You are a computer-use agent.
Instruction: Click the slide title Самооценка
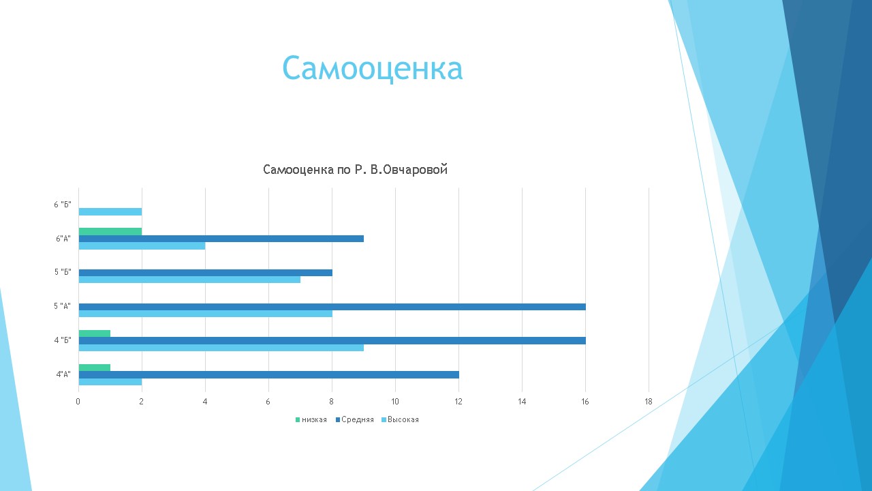click(x=373, y=68)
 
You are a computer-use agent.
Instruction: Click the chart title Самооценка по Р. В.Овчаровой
click(x=355, y=170)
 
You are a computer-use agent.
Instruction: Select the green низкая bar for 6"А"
click(x=110, y=231)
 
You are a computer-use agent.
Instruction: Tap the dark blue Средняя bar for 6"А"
click(x=221, y=239)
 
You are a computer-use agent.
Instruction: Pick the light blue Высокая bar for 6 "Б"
click(x=110, y=211)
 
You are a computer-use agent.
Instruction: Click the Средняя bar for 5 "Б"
click(x=206, y=273)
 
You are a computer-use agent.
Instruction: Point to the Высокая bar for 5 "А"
click(x=206, y=314)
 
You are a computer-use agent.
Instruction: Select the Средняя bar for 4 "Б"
click(x=332, y=340)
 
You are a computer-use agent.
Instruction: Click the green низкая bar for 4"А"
click(x=95, y=368)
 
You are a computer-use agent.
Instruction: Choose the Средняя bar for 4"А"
click(x=268, y=374)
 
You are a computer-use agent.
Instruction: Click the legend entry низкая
click(x=311, y=419)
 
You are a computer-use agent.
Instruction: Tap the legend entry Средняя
click(x=355, y=419)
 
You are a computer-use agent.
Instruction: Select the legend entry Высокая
click(x=400, y=419)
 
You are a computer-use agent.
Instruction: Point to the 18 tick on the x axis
click(x=649, y=402)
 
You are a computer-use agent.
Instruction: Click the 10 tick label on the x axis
click(x=395, y=402)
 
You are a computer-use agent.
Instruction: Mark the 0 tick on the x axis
click(x=78, y=402)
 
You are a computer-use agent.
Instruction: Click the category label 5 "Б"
click(x=63, y=272)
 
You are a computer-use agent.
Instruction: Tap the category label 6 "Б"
click(x=63, y=205)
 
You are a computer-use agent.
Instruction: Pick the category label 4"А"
click(x=63, y=374)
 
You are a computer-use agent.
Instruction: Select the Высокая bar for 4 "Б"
click(x=221, y=348)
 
